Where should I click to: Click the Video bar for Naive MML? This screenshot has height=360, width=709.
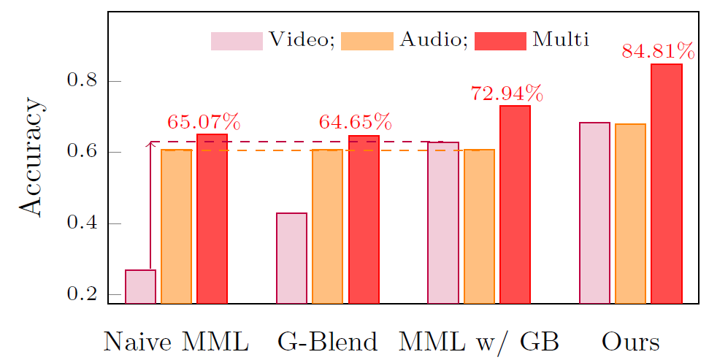coord(140,286)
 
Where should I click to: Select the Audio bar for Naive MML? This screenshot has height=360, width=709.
coord(176,226)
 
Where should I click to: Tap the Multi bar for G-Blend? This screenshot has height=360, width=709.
coord(364,218)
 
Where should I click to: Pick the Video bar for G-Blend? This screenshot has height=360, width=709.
coord(291,258)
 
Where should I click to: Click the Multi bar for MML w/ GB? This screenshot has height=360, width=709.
coord(515,204)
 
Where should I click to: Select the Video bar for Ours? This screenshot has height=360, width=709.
coord(594,212)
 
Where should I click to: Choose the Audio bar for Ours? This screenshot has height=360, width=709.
coord(630,213)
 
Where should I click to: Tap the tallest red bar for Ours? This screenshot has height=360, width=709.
coord(667,183)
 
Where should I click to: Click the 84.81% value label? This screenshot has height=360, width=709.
coord(658,51)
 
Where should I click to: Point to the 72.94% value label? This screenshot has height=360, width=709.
coord(507,93)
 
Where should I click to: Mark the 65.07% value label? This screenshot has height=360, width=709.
coord(204,121)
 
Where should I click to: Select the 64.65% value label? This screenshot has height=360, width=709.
coord(355,121)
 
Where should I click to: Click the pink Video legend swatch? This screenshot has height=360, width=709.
coord(237,41)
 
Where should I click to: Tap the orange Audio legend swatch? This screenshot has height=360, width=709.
coord(367,41)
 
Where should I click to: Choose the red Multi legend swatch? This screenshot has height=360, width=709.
coord(500,41)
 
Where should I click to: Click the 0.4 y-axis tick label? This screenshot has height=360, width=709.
coord(83,223)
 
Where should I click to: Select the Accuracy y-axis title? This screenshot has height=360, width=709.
coord(31,169)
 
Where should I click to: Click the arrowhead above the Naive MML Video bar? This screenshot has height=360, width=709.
coord(150,145)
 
